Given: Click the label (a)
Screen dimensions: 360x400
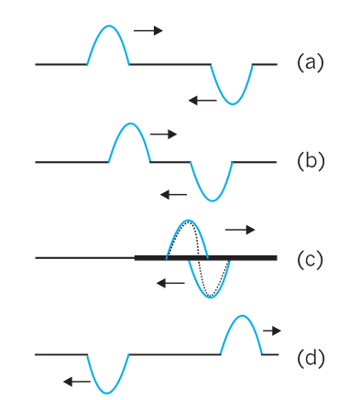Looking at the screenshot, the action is click(x=310, y=63).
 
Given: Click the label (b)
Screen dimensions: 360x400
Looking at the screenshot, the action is click(x=311, y=161).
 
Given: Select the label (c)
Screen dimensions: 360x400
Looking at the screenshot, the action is click(x=310, y=259).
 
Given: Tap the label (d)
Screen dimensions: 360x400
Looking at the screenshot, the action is click(x=311, y=357).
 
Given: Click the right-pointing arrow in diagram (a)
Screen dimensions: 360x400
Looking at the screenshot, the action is click(x=148, y=30).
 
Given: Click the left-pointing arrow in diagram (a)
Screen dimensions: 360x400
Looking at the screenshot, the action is click(x=202, y=101).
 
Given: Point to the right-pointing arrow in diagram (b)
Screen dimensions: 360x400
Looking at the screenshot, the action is click(x=163, y=134).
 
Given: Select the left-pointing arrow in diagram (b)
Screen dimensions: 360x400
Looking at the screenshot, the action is click(x=173, y=194).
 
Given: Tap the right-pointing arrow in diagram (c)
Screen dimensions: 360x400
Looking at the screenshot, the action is click(x=240, y=230).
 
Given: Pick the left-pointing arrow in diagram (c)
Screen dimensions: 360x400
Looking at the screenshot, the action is click(x=170, y=284).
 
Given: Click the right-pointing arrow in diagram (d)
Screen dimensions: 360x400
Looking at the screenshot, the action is click(x=272, y=330).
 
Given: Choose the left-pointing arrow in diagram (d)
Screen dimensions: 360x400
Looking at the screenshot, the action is click(x=77, y=382).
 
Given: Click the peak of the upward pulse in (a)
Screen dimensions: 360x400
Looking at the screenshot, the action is click(x=109, y=26).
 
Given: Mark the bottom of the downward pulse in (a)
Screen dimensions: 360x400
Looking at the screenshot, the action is click(x=233, y=104).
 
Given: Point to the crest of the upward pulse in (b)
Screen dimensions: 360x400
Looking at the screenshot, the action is click(x=130, y=124).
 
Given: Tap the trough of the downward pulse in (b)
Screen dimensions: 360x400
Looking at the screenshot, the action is click(x=213, y=201).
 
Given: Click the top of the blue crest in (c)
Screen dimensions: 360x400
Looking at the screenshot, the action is click(x=188, y=220).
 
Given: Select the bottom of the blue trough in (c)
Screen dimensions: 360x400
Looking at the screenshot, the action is click(x=211, y=297).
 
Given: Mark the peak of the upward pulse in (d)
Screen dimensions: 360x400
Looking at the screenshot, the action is click(x=242, y=316).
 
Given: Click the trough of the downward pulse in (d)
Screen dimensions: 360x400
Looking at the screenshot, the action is click(x=107, y=394).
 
